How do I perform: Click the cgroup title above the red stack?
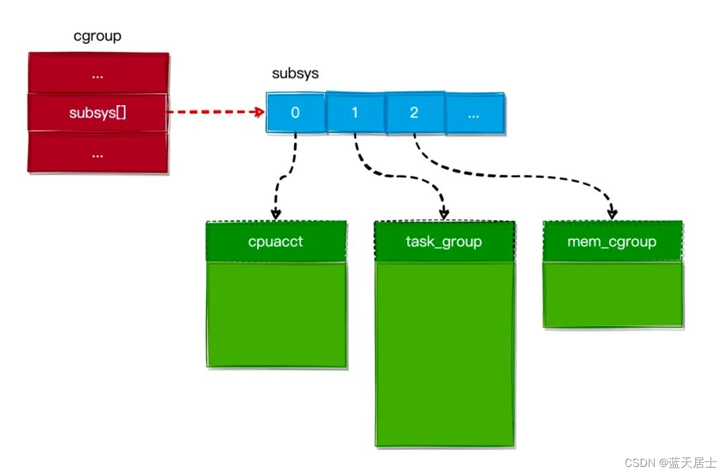coord(98,36)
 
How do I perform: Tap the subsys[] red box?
coord(98,113)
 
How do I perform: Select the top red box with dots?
coord(98,73)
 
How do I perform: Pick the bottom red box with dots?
coord(98,153)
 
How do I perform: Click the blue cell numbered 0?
coord(295,113)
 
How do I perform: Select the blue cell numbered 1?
coord(355,113)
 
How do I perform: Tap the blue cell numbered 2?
coord(414,113)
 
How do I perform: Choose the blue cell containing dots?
coord(473,113)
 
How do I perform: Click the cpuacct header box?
coord(276,241)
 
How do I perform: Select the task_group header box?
coord(444,241)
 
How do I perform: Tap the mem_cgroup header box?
coord(612,241)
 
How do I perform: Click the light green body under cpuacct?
coord(276,315)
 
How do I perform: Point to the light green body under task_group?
coord(444,354)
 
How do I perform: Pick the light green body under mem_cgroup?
coord(612,294)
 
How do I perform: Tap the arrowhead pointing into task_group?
coord(444,214)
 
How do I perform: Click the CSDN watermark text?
coord(670,463)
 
